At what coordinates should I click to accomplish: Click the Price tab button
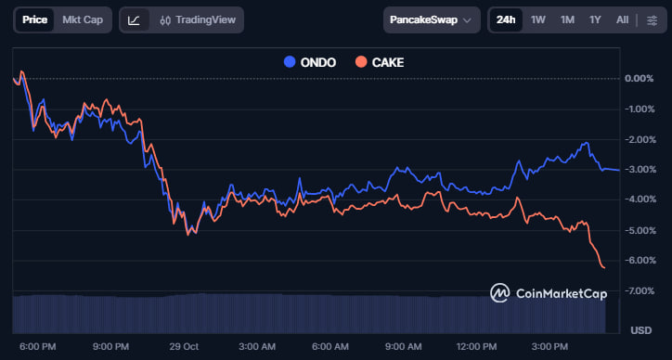click(34, 19)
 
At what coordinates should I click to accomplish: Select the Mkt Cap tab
click(83, 19)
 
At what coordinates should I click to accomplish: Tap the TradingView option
click(196, 19)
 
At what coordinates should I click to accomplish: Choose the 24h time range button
click(506, 19)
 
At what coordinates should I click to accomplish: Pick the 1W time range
click(538, 19)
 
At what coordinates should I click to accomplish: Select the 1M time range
click(567, 19)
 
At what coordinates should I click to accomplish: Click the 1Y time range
click(595, 19)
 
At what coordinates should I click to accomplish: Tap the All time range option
click(622, 19)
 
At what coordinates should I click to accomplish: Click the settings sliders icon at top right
click(652, 19)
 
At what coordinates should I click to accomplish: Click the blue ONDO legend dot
click(289, 62)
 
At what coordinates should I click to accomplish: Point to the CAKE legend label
click(387, 62)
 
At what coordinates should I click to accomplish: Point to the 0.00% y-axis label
click(640, 78)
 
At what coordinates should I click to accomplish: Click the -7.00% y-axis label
click(640, 291)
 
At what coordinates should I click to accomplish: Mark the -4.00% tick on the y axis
click(640, 199)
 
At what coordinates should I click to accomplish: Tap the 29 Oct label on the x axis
click(185, 346)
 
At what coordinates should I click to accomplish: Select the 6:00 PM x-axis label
click(37, 346)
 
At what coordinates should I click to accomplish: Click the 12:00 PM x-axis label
click(476, 346)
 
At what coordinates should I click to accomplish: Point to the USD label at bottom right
click(641, 330)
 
